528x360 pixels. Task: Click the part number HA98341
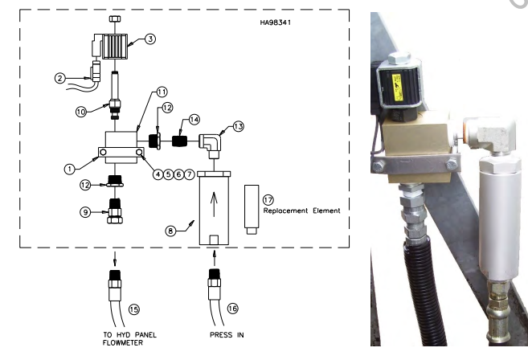pos(275,22)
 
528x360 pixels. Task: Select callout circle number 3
pos(150,39)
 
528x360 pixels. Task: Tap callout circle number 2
pos(60,79)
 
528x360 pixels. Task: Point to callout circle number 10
pos(81,112)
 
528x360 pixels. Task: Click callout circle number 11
pos(162,92)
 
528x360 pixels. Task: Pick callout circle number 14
pos(194,120)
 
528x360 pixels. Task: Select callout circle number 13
pos(239,127)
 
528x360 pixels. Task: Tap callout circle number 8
pos(170,231)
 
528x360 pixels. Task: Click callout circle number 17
pos(268,200)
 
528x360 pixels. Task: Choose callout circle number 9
pos(85,212)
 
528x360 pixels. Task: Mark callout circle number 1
pos(70,169)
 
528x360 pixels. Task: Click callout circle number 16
pos(233,308)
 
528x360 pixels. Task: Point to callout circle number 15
pos(134,309)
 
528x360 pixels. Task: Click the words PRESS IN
pos(227,335)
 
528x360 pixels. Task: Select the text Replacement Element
pos(301,211)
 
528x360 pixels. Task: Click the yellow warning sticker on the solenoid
pos(397,87)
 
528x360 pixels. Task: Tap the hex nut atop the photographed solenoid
pos(399,59)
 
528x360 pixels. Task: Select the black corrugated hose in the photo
pos(424,289)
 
